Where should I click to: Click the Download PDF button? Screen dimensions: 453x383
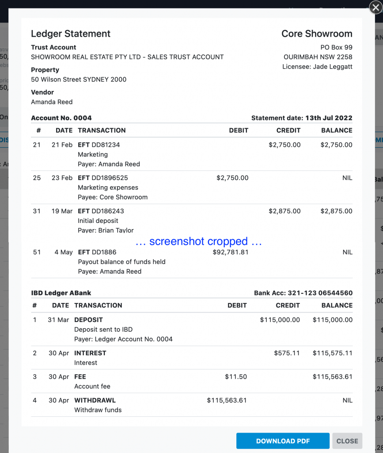point(283,441)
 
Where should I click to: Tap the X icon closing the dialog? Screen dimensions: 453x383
point(375,8)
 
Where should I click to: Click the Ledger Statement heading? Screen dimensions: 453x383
point(71,34)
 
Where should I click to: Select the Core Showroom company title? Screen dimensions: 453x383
point(317,34)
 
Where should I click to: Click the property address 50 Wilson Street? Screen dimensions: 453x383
point(79,80)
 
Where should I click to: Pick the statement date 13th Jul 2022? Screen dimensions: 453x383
point(329,118)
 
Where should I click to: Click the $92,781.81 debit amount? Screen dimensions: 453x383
point(230,252)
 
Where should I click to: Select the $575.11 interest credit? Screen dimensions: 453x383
point(287,353)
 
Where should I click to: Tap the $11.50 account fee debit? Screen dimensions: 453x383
point(236,377)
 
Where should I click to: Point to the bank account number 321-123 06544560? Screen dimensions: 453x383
point(320,293)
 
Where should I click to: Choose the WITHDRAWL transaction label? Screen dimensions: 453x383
point(95,400)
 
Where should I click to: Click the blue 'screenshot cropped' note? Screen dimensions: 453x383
point(198,242)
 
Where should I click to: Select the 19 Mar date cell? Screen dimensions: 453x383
point(62,211)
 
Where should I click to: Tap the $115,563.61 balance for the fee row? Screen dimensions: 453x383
point(332,377)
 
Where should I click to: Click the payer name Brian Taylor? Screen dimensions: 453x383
point(116,230)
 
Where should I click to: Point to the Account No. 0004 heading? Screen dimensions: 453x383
point(61,118)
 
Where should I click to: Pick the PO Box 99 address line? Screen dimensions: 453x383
point(336,47)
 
